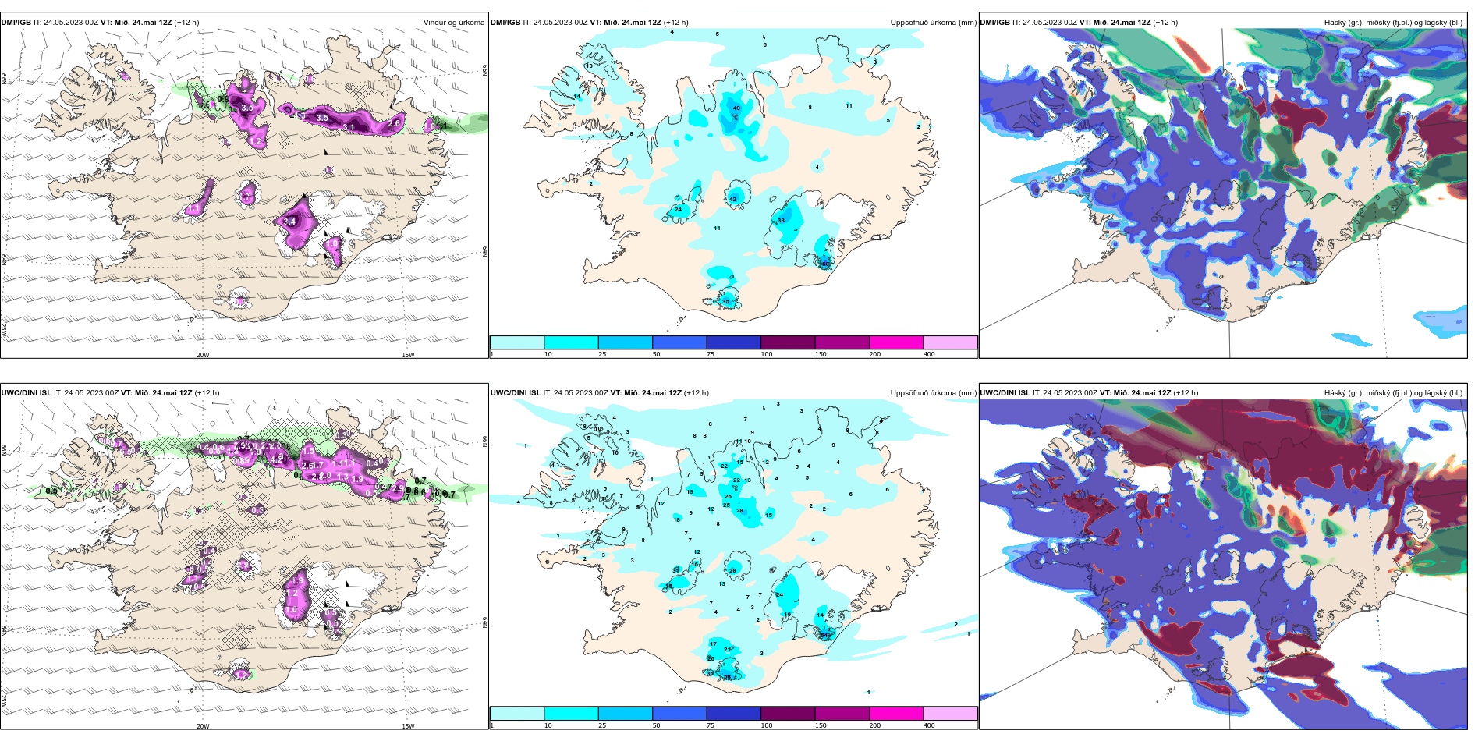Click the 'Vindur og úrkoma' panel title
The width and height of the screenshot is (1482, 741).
(453, 23)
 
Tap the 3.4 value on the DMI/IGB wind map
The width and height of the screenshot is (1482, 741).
(290, 222)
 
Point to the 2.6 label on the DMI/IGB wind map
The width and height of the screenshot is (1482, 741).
(394, 123)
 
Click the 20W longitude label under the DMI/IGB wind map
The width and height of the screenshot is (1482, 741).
(203, 355)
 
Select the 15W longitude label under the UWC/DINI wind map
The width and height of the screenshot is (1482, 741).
(408, 726)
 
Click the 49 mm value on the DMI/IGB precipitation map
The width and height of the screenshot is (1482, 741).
(736, 108)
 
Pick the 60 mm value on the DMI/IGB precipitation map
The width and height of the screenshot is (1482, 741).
(825, 264)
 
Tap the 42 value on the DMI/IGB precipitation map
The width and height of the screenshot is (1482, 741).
(732, 200)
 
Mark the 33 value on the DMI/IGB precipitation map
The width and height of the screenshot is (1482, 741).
(781, 221)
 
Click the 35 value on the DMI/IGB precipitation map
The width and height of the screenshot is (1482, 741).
(725, 301)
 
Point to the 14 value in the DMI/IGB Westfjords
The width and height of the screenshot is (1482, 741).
(577, 97)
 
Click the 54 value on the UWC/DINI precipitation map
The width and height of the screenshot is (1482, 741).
(824, 635)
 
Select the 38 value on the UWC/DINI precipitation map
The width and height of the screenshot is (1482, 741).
(668, 586)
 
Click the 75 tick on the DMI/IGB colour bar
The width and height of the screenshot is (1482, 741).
(711, 354)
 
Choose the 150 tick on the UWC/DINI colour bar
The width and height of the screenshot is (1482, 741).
(821, 725)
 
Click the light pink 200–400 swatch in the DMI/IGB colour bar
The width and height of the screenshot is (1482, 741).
(950, 342)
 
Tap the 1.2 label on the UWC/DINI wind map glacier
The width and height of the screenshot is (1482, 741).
(292, 594)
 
